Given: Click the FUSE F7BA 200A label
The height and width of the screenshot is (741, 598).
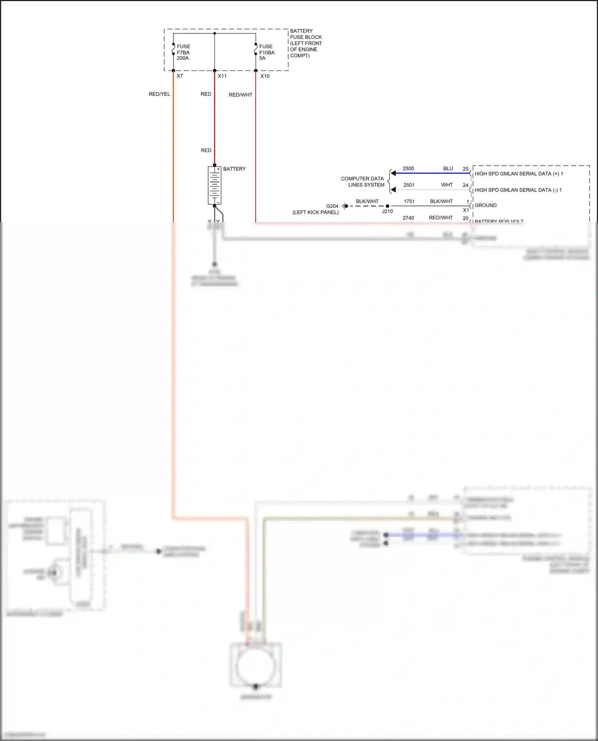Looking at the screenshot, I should (183, 52).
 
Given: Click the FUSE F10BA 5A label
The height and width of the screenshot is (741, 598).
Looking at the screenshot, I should (267, 52).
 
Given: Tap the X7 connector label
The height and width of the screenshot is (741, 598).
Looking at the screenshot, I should (180, 76).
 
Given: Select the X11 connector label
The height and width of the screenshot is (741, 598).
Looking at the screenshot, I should (222, 76).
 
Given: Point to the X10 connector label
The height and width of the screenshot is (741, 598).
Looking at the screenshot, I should (265, 76).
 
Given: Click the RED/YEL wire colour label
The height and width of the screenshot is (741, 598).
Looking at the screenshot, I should (159, 94).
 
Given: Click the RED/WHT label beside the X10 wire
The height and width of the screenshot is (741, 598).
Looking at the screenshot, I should (240, 95).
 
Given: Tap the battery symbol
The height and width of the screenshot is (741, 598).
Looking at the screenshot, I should (214, 186).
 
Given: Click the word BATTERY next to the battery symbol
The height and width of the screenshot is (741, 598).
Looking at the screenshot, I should (234, 169).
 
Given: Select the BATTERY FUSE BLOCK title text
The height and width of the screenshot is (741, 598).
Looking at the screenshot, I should (306, 43).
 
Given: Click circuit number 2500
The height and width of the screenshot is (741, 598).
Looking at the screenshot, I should (408, 168).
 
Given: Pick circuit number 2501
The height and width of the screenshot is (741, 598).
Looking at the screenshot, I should (409, 185).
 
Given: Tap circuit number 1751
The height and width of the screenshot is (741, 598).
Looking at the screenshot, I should (409, 201).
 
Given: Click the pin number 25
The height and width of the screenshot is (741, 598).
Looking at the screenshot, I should (465, 169).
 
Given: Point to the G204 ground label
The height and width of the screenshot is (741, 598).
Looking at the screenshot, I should (332, 206).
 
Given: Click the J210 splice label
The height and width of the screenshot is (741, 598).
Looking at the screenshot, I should (387, 211).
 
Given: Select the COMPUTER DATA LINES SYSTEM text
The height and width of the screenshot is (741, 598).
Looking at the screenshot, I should (362, 182).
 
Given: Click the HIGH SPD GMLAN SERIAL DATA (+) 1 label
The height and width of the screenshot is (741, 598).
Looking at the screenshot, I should (519, 174).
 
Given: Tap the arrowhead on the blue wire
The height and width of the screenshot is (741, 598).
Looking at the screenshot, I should (393, 173).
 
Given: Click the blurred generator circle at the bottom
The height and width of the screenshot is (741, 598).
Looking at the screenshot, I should (255, 667).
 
